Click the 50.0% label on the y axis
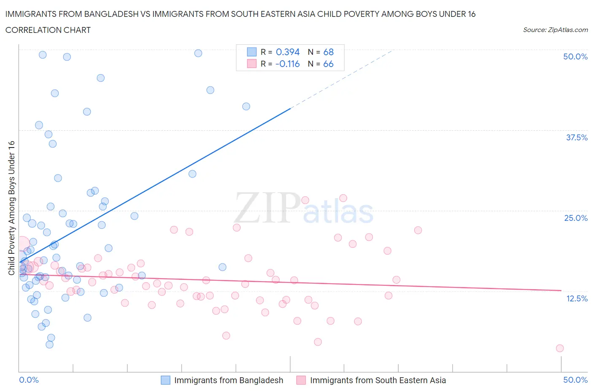click(x=575, y=56)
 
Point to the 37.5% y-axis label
click(x=577, y=137)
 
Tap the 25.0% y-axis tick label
click(x=576, y=218)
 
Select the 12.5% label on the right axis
click(x=577, y=298)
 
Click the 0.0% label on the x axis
click(x=29, y=380)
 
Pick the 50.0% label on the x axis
click(x=575, y=380)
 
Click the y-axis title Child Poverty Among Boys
click(x=11, y=208)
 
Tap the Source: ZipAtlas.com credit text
click(x=555, y=30)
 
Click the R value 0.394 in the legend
click(x=288, y=52)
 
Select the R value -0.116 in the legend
click(x=287, y=64)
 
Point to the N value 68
click(x=328, y=52)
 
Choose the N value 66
click(x=328, y=64)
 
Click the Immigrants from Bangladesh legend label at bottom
click(x=229, y=380)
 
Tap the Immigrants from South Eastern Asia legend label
click(x=378, y=380)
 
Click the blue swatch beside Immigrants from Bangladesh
click(x=166, y=380)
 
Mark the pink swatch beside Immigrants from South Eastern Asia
click(x=301, y=380)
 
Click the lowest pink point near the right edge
click(x=560, y=348)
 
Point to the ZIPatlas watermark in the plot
click(x=304, y=209)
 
